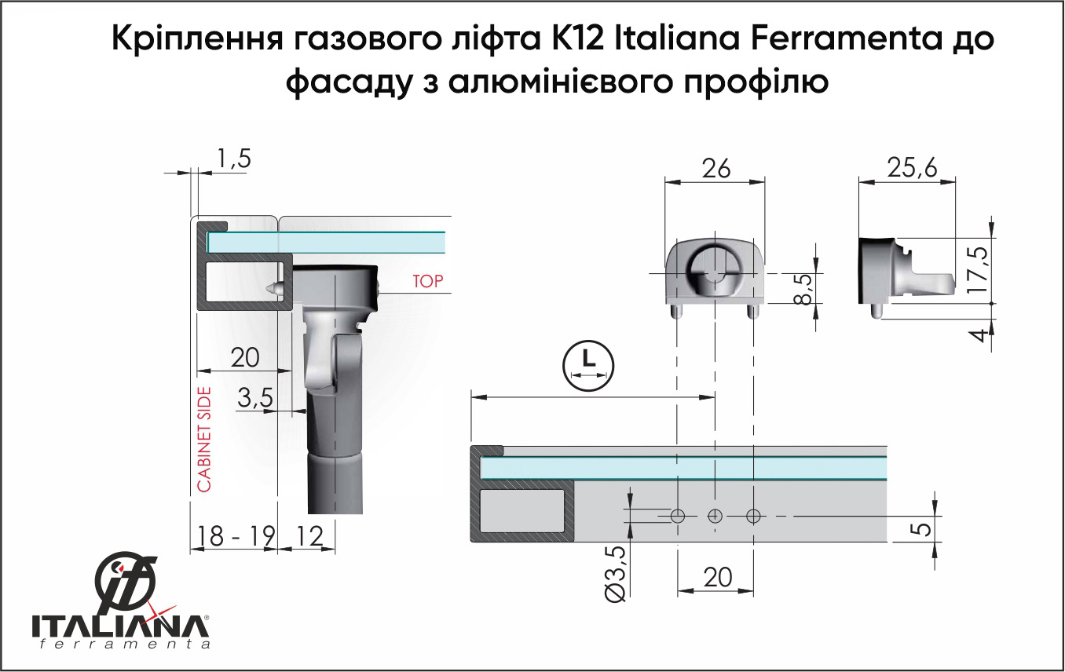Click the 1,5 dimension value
[234, 159]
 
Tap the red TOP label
[427, 281]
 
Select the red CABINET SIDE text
[204, 440]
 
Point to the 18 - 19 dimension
[236, 536]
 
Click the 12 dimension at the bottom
[309, 536]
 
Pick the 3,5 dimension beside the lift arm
[255, 398]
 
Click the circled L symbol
[588, 366]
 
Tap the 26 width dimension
[716, 169]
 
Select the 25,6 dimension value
[912, 168]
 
